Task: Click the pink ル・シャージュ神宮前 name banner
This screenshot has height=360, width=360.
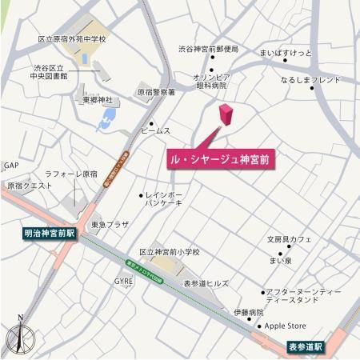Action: [x=221, y=159]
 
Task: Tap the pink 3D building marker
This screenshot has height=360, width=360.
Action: [x=226, y=116]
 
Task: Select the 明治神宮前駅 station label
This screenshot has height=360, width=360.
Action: [x=48, y=234]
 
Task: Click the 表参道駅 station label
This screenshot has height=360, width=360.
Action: [x=306, y=346]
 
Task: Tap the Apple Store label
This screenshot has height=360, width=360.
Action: [x=286, y=326]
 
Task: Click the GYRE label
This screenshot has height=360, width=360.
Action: [x=123, y=282]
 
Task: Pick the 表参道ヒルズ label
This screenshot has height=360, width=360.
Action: [x=206, y=283]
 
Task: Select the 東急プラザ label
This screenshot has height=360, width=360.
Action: [x=110, y=225]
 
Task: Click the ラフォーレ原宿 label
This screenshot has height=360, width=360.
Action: [x=70, y=174]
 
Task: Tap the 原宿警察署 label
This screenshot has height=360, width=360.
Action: [x=156, y=93]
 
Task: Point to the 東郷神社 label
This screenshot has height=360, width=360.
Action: [x=98, y=101]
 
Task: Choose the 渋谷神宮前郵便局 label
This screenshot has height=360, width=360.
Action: [x=208, y=49]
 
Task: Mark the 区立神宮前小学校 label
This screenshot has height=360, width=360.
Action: [x=169, y=251]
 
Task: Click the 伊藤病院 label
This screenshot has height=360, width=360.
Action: [x=248, y=312]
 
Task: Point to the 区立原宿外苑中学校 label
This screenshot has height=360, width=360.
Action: [x=72, y=38]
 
